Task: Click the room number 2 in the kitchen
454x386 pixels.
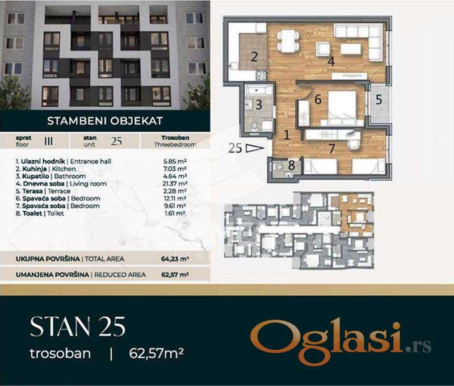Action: click(254, 56)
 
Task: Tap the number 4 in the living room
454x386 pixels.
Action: click(331, 61)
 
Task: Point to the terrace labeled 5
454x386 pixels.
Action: click(379, 100)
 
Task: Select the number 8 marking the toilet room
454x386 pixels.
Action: click(291, 165)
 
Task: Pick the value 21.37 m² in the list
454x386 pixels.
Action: click(175, 183)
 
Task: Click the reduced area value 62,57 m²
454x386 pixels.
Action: click(175, 275)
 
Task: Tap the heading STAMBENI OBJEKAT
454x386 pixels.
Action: click(105, 121)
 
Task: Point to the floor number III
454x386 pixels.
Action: click(49, 141)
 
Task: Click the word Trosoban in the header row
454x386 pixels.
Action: click(175, 138)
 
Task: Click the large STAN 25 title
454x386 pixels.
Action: click(78, 326)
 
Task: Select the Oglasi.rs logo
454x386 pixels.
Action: click(340, 343)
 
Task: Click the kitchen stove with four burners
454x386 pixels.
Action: click(261, 75)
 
